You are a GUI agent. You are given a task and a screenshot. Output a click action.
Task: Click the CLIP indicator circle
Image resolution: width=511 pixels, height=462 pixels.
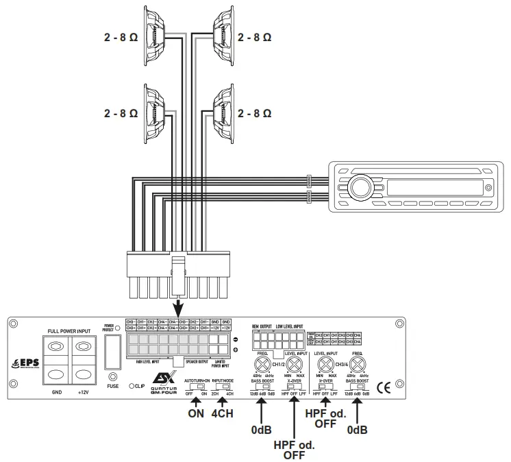(x=129, y=387)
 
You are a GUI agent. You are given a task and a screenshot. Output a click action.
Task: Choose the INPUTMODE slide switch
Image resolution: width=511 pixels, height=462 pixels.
(x=223, y=387)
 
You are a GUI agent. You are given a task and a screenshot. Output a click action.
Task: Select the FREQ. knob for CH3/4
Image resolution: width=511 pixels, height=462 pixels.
(x=358, y=364)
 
